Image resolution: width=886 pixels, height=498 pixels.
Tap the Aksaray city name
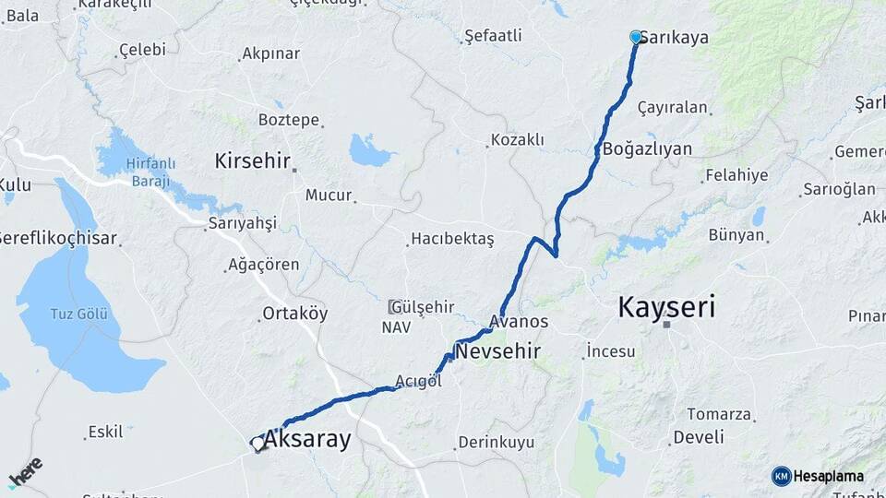[307, 440]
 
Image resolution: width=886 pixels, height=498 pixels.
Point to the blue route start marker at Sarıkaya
[636, 37]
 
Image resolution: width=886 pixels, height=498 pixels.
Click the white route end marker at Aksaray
[257, 444]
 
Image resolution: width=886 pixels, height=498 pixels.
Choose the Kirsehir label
[253, 160]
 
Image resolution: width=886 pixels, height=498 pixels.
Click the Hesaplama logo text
[828, 476]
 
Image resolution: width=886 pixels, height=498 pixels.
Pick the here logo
[25, 471]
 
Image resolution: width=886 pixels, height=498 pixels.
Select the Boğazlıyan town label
[647, 148]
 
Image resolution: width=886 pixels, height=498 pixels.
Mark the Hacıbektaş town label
[452, 240]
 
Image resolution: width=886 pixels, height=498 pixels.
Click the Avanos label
[520, 322]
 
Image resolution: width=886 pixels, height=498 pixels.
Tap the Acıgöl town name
[413, 381]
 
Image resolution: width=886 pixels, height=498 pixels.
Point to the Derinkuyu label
[497, 443]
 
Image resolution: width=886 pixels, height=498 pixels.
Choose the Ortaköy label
[294, 314]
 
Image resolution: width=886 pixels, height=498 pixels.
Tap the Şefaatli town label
[493, 36]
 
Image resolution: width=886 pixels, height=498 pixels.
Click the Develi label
[698, 437]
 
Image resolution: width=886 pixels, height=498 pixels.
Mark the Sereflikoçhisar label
[58, 239]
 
